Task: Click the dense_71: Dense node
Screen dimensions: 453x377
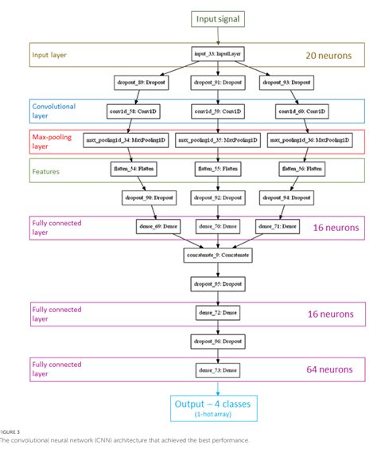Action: [x=278, y=227]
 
